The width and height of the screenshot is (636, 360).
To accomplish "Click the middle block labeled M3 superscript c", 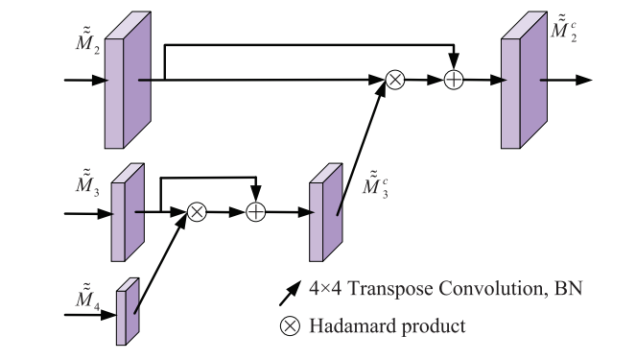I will (322, 212).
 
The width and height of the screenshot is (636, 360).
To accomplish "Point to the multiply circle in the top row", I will (394, 81).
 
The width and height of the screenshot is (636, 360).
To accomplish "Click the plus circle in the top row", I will (454, 81).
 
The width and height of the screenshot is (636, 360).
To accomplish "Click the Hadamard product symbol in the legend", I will (289, 326).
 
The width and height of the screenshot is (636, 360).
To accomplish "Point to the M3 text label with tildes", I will (87, 182).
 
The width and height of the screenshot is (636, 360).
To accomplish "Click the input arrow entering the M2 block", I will (84, 81).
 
